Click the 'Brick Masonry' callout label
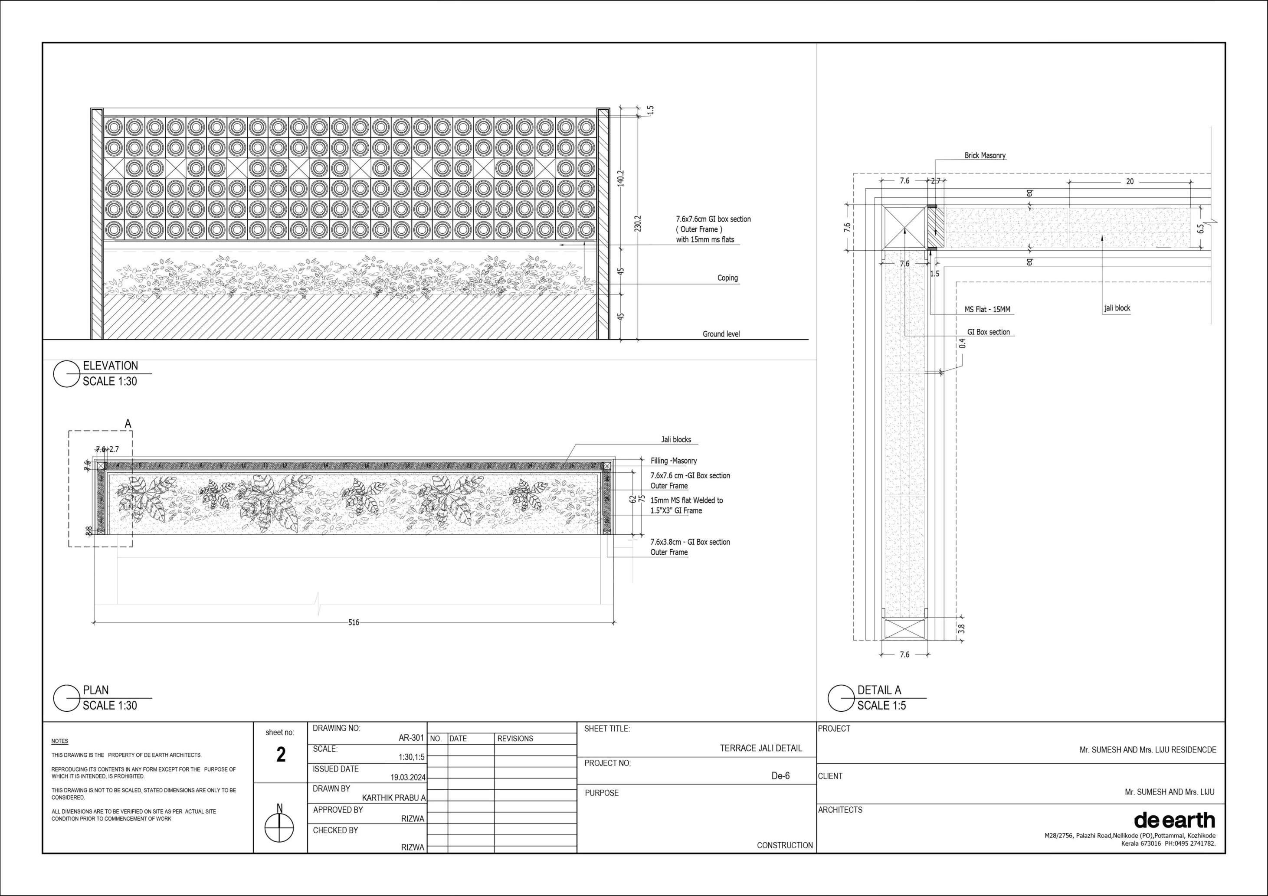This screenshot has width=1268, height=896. click(985, 156)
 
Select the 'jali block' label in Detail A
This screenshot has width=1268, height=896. click(1117, 308)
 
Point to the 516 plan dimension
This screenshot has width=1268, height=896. click(354, 622)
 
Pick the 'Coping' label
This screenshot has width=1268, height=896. click(727, 278)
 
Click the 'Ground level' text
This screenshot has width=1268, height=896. click(721, 334)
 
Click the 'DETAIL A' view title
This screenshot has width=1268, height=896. click(878, 690)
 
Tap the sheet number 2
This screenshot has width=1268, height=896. click(281, 755)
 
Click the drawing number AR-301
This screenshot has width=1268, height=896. click(411, 738)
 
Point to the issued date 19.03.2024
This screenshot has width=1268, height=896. click(408, 777)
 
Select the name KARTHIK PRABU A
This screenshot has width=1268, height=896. click(393, 798)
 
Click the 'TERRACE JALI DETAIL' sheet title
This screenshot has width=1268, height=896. click(760, 748)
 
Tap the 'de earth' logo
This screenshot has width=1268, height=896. click(1174, 820)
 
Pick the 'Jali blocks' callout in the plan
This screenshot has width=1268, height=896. click(676, 439)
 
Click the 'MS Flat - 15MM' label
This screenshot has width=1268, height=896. click(987, 310)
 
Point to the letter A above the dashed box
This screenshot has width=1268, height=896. click(128, 424)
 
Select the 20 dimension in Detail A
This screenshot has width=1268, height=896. click(1129, 181)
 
